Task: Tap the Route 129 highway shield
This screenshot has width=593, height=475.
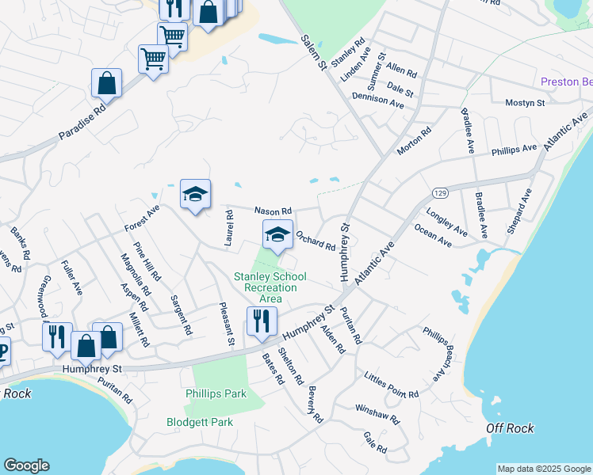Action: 440,192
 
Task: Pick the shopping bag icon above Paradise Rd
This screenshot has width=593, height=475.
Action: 106,83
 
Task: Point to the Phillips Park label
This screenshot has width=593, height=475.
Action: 216,393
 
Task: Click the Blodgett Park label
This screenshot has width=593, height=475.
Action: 200,422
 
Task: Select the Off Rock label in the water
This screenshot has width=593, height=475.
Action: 510,428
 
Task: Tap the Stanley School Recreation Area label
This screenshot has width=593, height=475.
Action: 265,287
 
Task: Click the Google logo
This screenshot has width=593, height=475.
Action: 26,465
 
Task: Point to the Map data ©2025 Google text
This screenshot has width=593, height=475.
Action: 545,469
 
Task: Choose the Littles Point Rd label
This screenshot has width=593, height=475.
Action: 392,388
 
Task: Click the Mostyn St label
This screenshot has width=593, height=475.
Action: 525,103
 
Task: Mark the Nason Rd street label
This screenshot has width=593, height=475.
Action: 273,211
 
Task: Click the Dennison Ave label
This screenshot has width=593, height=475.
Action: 378,100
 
